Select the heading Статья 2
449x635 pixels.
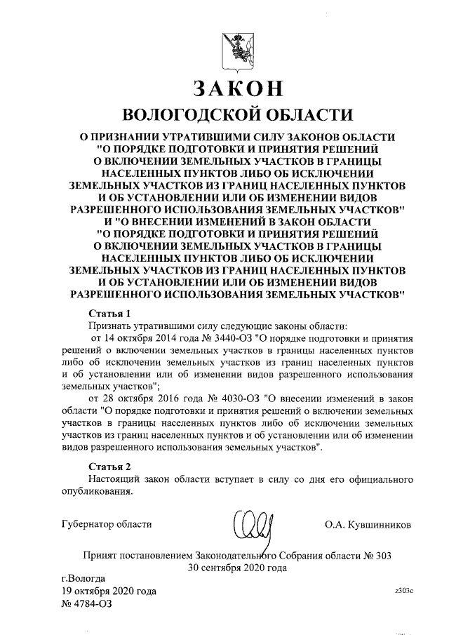click(110, 466)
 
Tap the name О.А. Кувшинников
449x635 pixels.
click(368, 524)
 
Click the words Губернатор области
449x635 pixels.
click(107, 524)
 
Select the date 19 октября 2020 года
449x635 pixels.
click(109, 591)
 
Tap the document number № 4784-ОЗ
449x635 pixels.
click(88, 603)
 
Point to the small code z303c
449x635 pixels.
click(406, 591)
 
